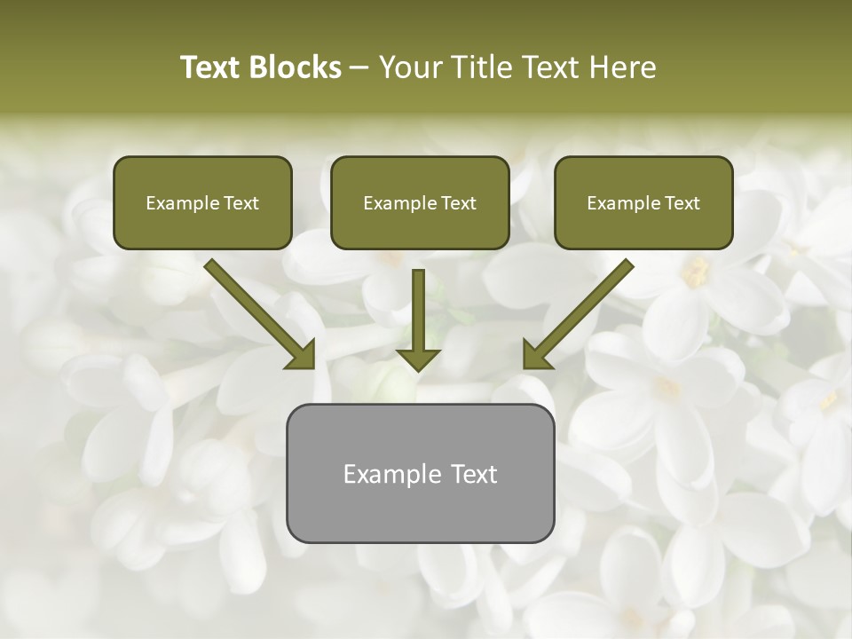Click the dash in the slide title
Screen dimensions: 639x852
tap(359, 68)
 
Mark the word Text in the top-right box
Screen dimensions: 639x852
tap(682, 203)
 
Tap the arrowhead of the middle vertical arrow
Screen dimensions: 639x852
tap(418, 358)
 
